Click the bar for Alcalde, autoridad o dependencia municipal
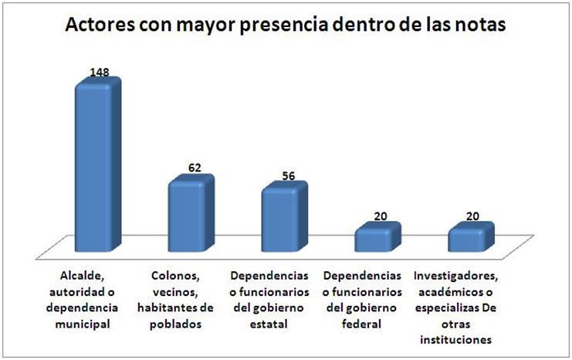(x=96, y=166)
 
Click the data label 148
(x=100, y=73)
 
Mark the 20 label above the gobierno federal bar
(x=381, y=216)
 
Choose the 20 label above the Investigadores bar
(x=474, y=216)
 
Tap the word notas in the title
(x=480, y=25)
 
